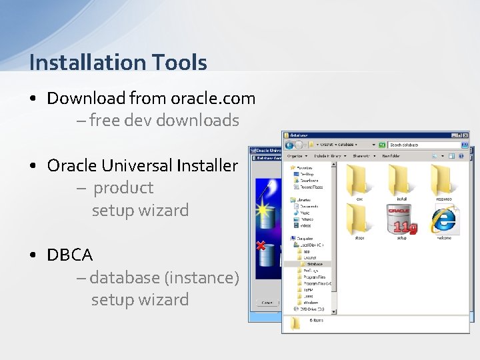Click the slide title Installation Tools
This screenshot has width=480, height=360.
[x=118, y=63]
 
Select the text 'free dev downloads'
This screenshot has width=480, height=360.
[x=164, y=121]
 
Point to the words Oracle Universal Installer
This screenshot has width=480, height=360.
[x=142, y=165]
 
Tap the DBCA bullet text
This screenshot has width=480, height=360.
[x=70, y=255]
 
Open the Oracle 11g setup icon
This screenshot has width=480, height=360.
[x=401, y=219]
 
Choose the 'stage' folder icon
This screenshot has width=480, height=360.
[x=359, y=219]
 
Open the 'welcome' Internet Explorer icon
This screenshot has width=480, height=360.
[x=443, y=219]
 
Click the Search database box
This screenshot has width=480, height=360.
[x=424, y=145]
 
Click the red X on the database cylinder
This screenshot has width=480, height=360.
[x=261, y=246]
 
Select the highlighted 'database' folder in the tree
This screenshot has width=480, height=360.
[x=310, y=264]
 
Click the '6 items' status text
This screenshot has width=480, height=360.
[x=317, y=321]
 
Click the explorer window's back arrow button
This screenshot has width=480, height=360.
[x=289, y=145]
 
